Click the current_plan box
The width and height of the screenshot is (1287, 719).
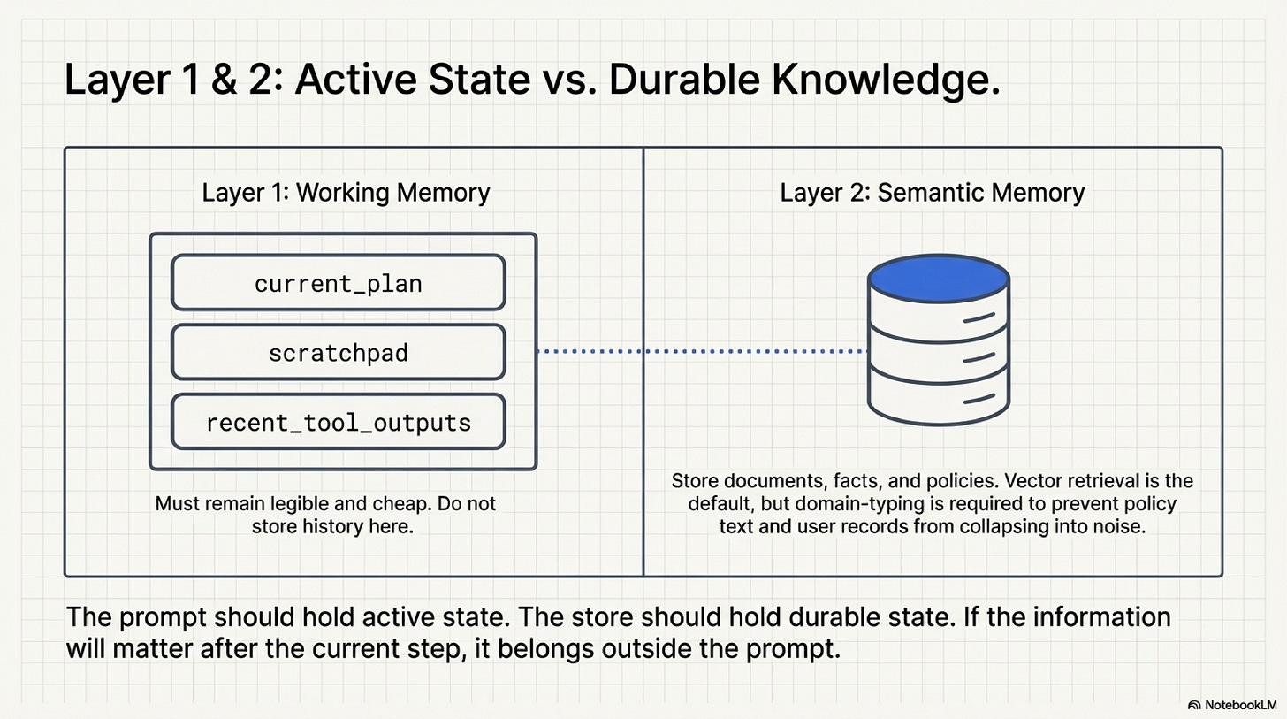[x=338, y=284]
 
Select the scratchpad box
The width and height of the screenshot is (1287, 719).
[x=338, y=353]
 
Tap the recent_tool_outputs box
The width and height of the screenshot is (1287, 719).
[x=338, y=422]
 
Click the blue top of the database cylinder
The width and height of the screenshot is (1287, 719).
[x=938, y=279]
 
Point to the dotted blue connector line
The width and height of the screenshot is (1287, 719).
[x=703, y=352]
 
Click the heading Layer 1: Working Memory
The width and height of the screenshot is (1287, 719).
[x=346, y=193]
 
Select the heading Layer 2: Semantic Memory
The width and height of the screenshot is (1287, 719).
[x=932, y=193]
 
